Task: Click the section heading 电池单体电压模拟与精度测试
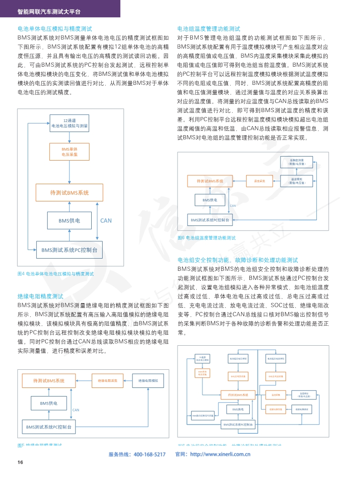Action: point(55,28)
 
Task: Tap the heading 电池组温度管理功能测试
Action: point(209,28)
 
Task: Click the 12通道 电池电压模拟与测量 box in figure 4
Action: point(69,123)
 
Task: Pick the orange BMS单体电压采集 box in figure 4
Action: point(69,152)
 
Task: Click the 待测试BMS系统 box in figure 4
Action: point(69,193)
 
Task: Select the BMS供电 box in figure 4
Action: point(69,220)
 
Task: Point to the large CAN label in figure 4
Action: point(106,220)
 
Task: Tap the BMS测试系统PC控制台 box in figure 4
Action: point(69,250)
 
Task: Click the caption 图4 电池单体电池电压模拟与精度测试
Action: point(55,274)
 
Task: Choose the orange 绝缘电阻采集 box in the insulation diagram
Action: point(108,381)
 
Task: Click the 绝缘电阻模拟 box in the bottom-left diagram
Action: point(148,381)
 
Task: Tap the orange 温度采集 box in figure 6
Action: point(259,181)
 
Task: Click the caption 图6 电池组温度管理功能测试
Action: point(207,238)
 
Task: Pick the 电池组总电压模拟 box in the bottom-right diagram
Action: point(238,358)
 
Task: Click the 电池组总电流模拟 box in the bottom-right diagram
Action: point(275,358)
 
